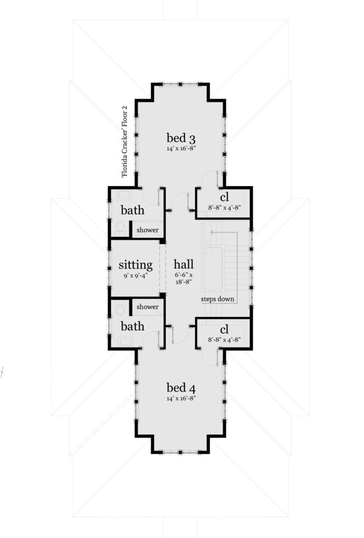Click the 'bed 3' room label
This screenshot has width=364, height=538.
pos(181,138)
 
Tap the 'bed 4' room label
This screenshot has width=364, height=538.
pos(181,388)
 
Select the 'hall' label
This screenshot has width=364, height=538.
pos(183,264)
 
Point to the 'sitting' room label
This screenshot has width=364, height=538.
pos(136,265)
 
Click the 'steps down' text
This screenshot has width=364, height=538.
pos(217,299)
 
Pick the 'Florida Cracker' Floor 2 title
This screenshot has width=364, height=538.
pos(124,141)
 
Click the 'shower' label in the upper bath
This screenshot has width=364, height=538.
pos(148,230)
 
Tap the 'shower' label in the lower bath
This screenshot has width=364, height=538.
pos(148,307)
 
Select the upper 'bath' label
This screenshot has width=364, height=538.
pos(132,210)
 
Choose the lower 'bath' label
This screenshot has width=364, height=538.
pos(132,326)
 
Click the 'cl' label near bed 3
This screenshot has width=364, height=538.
pos(224,197)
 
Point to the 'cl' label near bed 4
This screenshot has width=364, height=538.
pos(224,329)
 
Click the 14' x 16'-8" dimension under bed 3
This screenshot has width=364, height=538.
pos(181,149)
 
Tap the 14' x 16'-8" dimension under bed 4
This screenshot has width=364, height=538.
pos(181,398)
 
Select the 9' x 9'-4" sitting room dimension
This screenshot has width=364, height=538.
pos(136,275)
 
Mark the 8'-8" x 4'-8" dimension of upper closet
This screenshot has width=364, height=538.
pos(224,207)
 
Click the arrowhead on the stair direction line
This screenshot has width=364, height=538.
pos(212,232)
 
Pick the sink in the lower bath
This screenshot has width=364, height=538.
pos(125,340)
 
